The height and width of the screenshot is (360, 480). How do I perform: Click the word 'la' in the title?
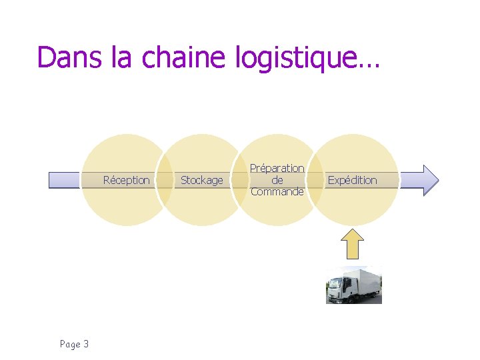pyautogui.click(x=123, y=57)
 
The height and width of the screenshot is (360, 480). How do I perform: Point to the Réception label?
pyautogui.click(x=127, y=180)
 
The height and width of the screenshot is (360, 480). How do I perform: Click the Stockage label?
pyautogui.click(x=202, y=180)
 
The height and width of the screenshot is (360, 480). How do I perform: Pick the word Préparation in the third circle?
pyautogui.click(x=277, y=168)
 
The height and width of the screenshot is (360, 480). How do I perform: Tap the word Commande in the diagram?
pyautogui.click(x=277, y=192)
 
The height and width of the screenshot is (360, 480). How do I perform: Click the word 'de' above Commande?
pyautogui.click(x=277, y=180)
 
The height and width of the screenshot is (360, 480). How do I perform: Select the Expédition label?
pyautogui.click(x=352, y=180)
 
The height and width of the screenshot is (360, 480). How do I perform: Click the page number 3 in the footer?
pyautogui.click(x=86, y=344)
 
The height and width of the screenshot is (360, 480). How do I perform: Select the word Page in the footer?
pyautogui.click(x=70, y=344)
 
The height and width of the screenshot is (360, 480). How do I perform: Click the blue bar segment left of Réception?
pyautogui.click(x=65, y=180)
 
